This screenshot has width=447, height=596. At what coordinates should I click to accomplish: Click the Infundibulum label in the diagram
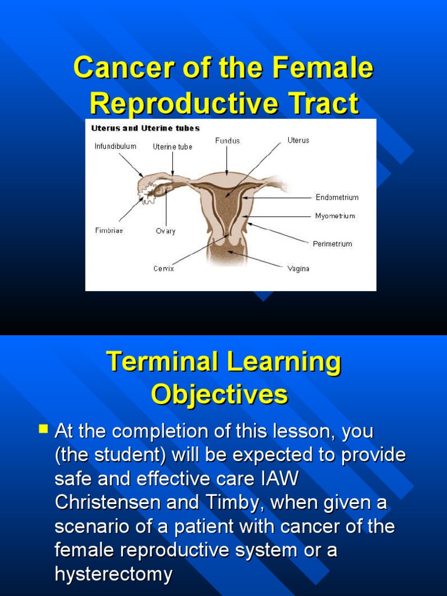pyautogui.click(x=115, y=146)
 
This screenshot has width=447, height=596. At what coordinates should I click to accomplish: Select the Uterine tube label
pyautogui.click(x=172, y=147)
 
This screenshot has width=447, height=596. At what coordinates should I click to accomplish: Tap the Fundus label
pyautogui.click(x=227, y=140)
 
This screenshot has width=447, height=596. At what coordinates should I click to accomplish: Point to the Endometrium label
pyautogui.click(x=337, y=197)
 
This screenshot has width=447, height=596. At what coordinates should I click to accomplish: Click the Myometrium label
pyautogui.click(x=335, y=216)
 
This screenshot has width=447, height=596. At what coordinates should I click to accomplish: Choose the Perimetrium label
pyautogui.click(x=332, y=244)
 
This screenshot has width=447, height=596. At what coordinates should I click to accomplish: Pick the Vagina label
pyautogui.click(x=298, y=268)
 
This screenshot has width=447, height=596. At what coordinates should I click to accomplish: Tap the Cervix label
pyautogui.click(x=164, y=268)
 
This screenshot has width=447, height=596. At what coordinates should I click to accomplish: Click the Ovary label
pyautogui.click(x=165, y=231)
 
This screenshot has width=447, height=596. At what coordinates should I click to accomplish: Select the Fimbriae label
pyautogui.click(x=109, y=230)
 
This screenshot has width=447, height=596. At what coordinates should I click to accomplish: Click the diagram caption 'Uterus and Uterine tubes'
pyautogui.click(x=145, y=128)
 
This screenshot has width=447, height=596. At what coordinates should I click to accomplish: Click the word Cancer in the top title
pyautogui.click(x=115, y=69)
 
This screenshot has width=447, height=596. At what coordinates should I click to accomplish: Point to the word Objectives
pyautogui.click(x=219, y=395)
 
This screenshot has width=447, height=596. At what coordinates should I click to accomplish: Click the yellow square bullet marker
pyautogui.click(x=43, y=430)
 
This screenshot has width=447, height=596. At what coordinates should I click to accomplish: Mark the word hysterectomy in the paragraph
pyautogui.click(x=113, y=574)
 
